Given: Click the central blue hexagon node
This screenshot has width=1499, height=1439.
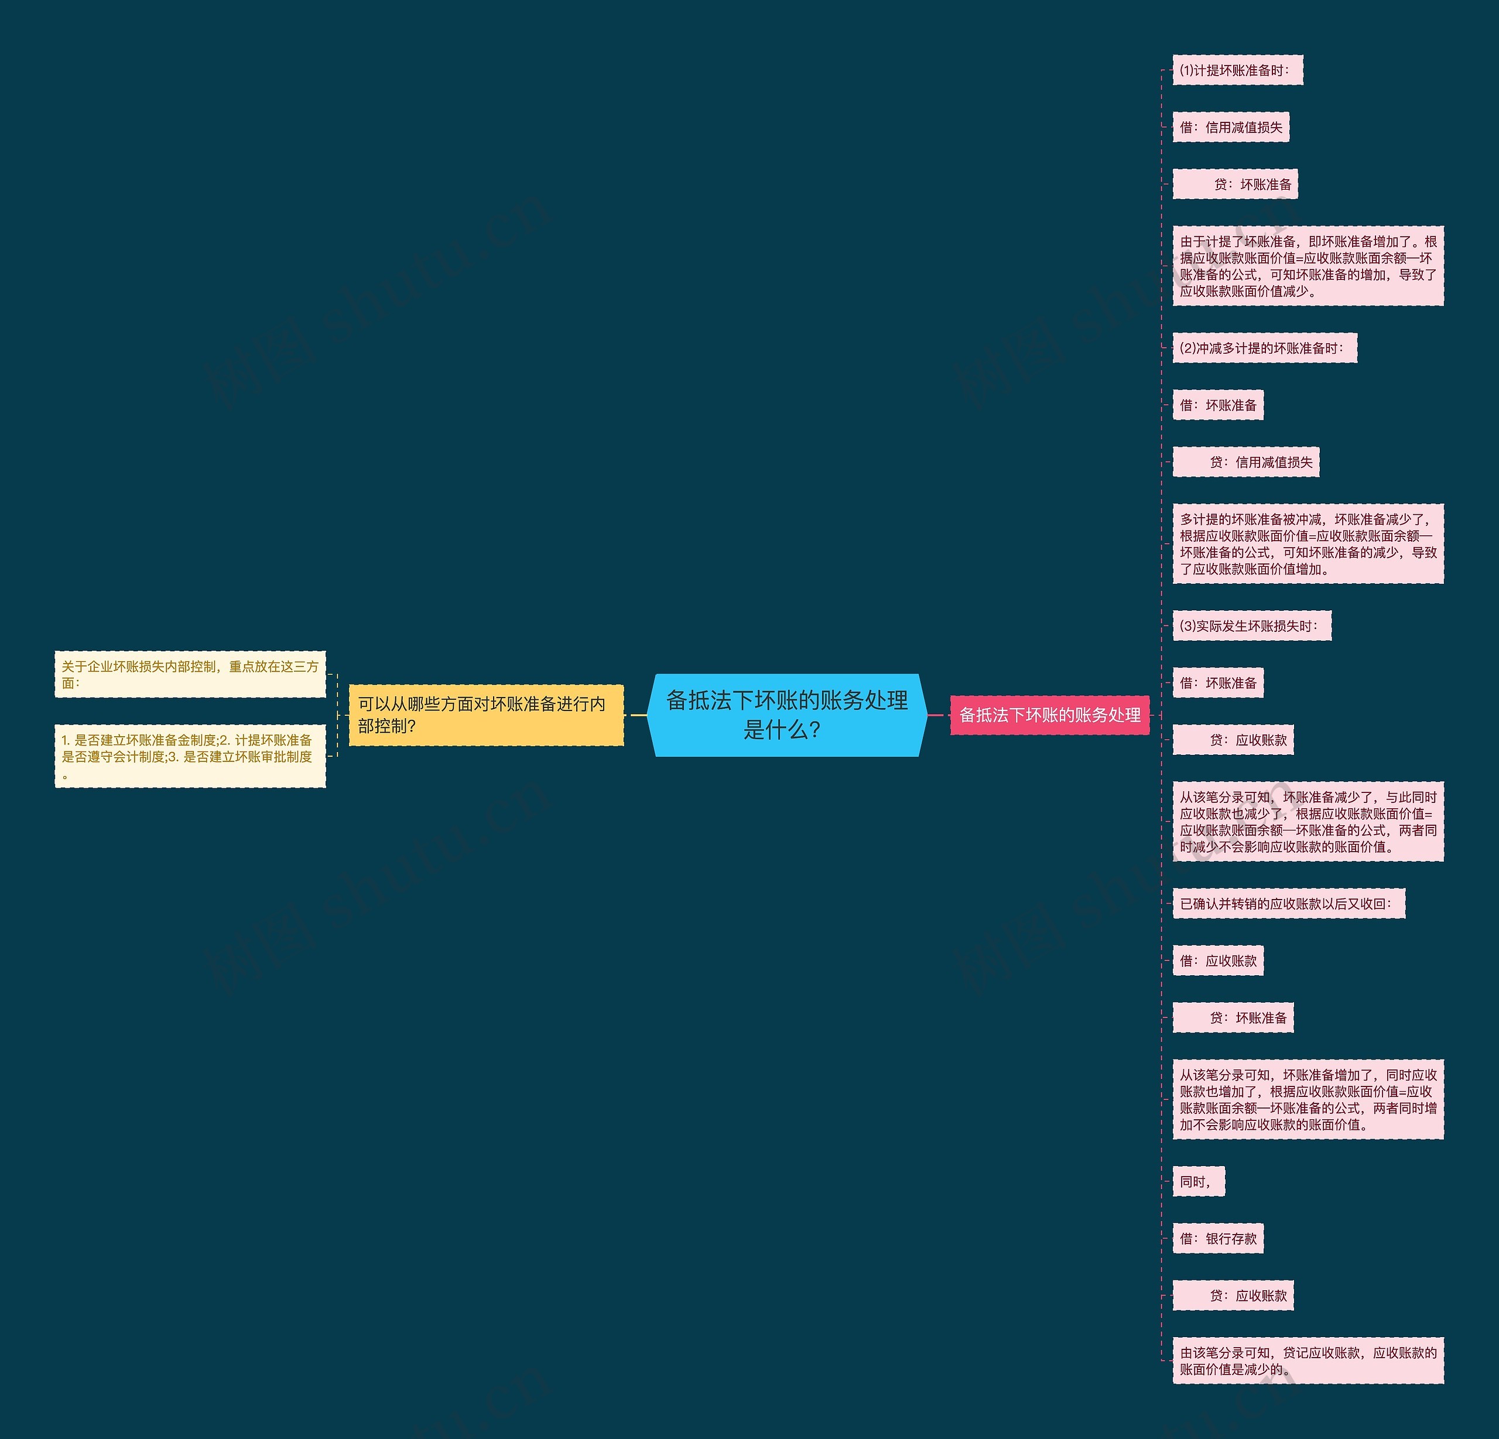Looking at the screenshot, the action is tap(786, 715).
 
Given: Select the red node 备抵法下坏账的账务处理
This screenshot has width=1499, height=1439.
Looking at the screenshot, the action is tap(1049, 715).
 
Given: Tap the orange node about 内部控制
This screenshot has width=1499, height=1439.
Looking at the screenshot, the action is tap(485, 715).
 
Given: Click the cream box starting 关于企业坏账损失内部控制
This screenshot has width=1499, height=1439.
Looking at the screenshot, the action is tap(190, 674).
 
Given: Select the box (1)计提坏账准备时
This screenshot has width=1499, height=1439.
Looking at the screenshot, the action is tap(1237, 70).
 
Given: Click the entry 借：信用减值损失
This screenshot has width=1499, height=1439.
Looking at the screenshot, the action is tap(1231, 127).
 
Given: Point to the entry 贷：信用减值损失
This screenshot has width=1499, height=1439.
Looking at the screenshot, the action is tap(1246, 462).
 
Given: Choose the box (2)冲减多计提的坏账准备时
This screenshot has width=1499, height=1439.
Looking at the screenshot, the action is tap(1264, 348).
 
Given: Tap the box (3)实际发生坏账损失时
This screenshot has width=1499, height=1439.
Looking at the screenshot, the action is tap(1251, 625).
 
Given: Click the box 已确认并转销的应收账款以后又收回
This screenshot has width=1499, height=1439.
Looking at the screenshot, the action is tap(1289, 904).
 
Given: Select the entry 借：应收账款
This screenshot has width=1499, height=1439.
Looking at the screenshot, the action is tap(1217, 961).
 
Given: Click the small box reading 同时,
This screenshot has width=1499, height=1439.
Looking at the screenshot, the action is tap(1197, 1181).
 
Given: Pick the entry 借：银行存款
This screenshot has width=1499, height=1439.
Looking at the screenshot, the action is tap(1217, 1239).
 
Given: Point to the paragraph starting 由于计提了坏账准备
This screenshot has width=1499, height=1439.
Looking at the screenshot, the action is tap(1308, 266).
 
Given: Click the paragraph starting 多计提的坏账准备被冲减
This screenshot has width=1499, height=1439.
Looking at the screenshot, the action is tap(1308, 544).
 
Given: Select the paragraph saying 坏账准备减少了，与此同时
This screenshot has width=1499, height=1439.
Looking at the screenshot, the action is tap(1308, 822).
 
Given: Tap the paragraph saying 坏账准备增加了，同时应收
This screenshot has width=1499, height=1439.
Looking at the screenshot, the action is tap(1308, 1099).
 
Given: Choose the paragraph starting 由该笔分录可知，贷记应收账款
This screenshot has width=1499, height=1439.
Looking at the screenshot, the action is tap(1308, 1361).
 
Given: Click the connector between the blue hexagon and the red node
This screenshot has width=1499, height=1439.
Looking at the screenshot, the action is tap(937, 715).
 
